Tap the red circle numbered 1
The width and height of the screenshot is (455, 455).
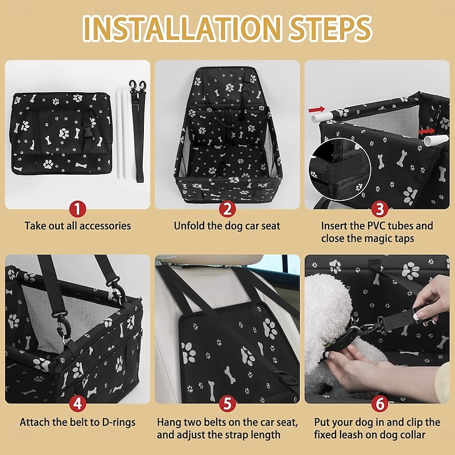tap(77, 209)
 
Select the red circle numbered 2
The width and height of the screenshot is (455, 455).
tap(227, 209)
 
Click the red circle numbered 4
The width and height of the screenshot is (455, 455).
tap(77, 404)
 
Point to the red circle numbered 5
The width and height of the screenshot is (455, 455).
tap(227, 404)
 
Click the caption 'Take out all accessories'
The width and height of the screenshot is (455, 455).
tap(77, 226)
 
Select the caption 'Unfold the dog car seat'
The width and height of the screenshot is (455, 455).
tap(227, 226)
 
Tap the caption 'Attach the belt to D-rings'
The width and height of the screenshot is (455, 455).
tap(77, 422)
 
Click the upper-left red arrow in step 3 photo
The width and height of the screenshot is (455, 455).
tap(317, 108)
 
